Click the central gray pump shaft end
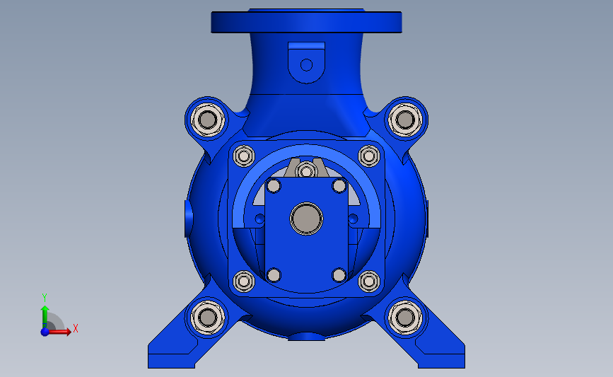pos(307,219)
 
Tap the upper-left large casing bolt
pos(208,120)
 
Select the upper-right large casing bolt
pos(405,120)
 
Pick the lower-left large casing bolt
pos(208,318)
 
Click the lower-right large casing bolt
pos(405,318)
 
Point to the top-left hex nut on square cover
pos(244,156)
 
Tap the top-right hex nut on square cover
pos(368,156)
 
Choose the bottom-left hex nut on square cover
pos(244,281)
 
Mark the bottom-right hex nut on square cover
pos(368,281)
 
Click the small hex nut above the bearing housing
pos(306,171)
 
